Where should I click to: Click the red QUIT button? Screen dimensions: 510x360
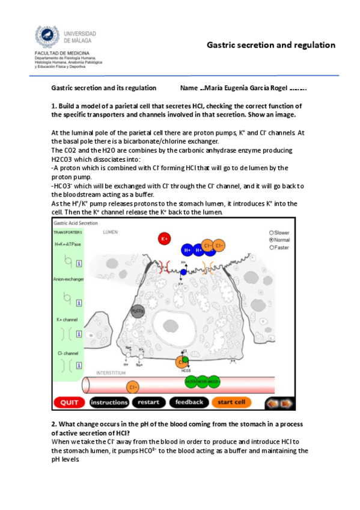[69, 402]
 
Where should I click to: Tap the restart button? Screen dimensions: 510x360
[147, 402]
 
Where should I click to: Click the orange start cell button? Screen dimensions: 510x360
[231, 402]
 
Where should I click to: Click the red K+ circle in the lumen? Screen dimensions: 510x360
[163, 239]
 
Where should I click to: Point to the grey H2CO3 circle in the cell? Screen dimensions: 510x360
[138, 311]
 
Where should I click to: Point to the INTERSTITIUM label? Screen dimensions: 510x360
[110, 373]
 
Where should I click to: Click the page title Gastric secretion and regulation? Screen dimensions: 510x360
[270, 45]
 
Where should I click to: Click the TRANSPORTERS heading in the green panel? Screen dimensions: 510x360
[67, 232]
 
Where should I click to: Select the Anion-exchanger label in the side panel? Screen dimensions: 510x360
[68, 279]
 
